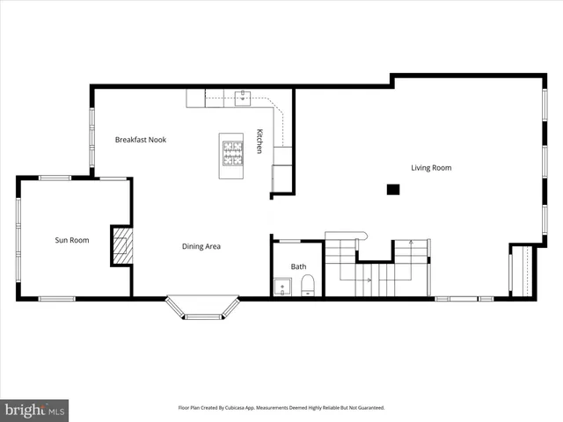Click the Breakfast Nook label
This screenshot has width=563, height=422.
[x=141, y=140]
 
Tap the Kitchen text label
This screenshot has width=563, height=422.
[x=260, y=142]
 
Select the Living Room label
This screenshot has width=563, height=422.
[x=431, y=167]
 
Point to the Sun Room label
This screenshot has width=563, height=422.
[x=72, y=240]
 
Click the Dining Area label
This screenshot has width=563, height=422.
[x=201, y=246]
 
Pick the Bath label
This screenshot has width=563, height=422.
[x=299, y=266]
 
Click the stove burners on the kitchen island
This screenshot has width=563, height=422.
[x=231, y=155]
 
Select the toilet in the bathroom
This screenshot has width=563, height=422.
[x=308, y=285]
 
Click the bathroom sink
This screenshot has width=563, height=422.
[x=283, y=286]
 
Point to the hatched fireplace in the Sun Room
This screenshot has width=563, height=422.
[x=121, y=245]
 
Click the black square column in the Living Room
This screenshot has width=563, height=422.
[x=393, y=189]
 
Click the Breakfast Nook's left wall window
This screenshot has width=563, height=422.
[x=91, y=139]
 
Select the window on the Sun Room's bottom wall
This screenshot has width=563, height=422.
[x=56, y=299]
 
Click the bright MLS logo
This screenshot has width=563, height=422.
[x=35, y=410]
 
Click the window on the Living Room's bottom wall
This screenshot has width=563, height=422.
[x=464, y=299]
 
